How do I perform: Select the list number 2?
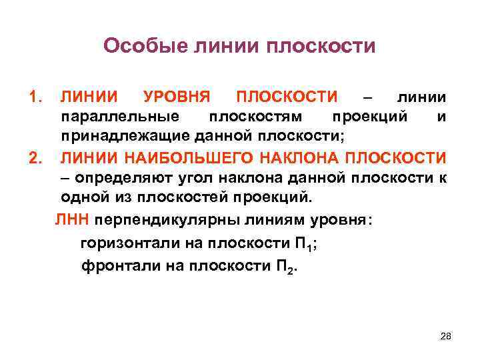pos(35,158)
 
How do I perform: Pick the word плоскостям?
pos(255,117)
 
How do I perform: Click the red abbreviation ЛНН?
pos(73,221)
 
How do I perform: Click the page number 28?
pos(446,335)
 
